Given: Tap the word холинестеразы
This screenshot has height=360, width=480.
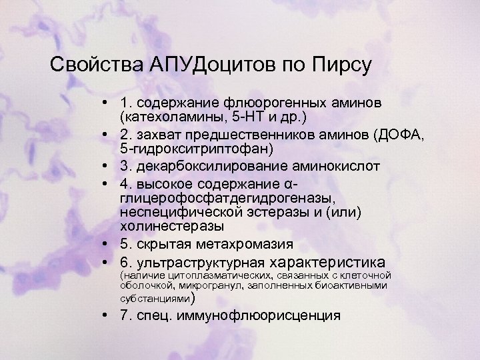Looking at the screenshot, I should tap(162, 227).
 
